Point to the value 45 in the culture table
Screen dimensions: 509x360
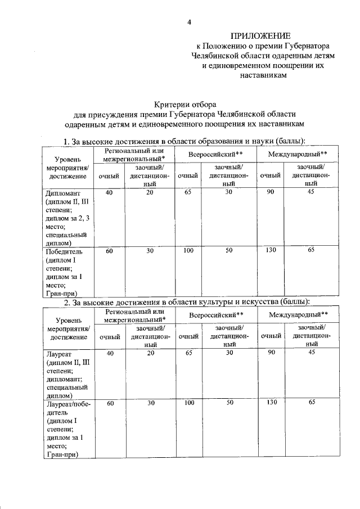(310, 353)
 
